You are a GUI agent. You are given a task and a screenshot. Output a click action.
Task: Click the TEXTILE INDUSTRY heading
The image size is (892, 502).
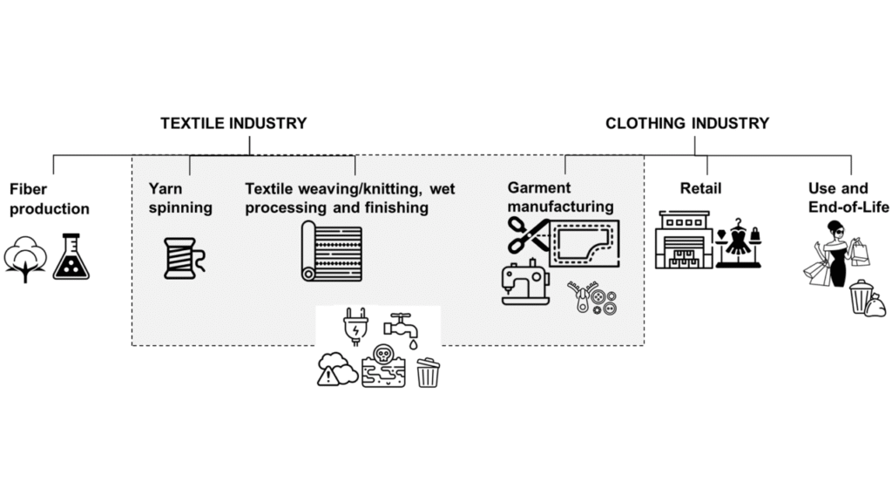point(233,124)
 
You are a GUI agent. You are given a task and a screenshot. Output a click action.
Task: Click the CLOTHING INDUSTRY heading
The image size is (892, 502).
point(687,124)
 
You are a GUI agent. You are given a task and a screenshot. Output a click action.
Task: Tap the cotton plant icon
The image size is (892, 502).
point(24,259)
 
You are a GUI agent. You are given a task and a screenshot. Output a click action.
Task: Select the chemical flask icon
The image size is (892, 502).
point(71,258)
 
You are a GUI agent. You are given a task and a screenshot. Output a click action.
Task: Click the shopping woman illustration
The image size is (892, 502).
point(835,252)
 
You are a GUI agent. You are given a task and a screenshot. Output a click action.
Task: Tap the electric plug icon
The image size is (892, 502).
point(356,328)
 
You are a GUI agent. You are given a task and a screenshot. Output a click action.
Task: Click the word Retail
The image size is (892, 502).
point(700,188)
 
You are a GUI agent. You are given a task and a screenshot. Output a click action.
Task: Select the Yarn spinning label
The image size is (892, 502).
point(180,198)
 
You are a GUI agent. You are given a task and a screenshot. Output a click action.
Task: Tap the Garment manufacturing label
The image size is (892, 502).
point(560,197)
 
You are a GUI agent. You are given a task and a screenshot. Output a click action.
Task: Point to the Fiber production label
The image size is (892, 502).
point(49,198)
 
